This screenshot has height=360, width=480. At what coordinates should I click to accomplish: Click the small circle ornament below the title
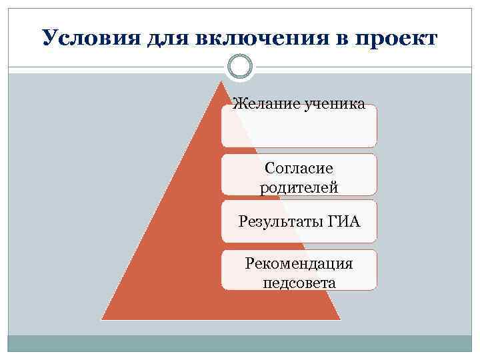(240, 66)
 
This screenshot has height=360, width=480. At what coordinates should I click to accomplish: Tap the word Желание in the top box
(264, 104)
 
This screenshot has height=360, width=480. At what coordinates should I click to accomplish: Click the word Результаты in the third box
(281, 221)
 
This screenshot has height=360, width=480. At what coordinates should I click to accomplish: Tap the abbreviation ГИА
(345, 221)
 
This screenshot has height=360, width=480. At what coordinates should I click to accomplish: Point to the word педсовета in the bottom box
(299, 283)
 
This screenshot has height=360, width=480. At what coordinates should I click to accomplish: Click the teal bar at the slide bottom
(240, 343)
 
